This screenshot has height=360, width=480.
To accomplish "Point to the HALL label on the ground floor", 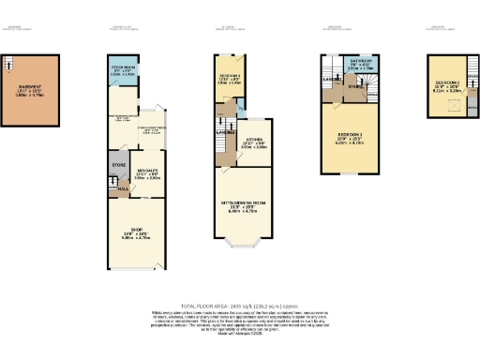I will tap(123, 187).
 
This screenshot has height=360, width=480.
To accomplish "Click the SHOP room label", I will tap(136, 233).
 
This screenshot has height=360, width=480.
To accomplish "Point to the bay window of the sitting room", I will tap(246, 247).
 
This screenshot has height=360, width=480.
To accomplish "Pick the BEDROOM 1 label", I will tap(349, 136).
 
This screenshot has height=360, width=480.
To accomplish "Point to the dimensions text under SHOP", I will tap(136, 239).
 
